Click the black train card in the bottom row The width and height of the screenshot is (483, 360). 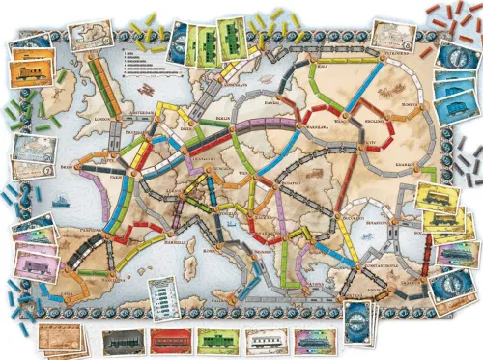coord(123,338)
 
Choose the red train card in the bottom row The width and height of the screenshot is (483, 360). coord(167,338)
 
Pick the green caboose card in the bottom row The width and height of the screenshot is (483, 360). coord(212,338)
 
